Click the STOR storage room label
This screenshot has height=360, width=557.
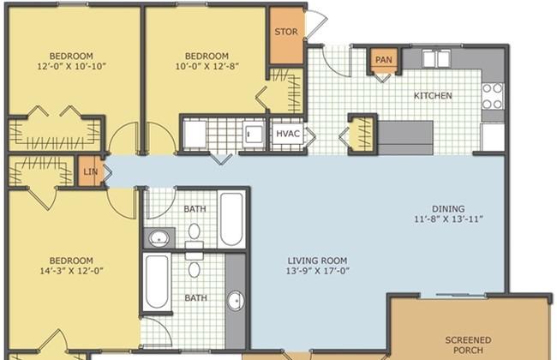click(x=286, y=32)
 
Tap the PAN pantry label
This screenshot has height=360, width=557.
click(x=384, y=60)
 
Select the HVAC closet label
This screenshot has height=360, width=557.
click(x=288, y=134)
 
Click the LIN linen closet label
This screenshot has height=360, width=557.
click(x=90, y=172)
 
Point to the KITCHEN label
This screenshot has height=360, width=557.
click(x=433, y=96)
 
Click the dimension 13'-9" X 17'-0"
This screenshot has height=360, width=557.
click(x=318, y=271)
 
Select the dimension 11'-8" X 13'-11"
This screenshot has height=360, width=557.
click(x=448, y=219)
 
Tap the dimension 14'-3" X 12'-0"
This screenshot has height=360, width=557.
click(x=71, y=271)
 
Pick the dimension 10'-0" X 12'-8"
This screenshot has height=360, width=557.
click(x=207, y=66)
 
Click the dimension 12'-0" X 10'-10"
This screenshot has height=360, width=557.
click(x=71, y=66)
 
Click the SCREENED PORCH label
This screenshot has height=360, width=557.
click(x=468, y=345)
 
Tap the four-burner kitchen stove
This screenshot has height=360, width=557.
click(x=493, y=96)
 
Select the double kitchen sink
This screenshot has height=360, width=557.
click(x=436, y=58)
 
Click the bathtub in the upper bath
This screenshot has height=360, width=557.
click(x=231, y=219)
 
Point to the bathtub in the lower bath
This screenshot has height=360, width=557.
click(x=157, y=282)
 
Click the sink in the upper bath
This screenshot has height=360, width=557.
click(x=159, y=237)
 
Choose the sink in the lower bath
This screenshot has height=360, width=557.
click(x=235, y=301)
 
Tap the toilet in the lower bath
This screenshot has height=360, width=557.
click(x=194, y=264)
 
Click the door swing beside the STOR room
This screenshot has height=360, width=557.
click(x=316, y=24)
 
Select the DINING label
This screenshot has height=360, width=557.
click(x=448, y=209)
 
